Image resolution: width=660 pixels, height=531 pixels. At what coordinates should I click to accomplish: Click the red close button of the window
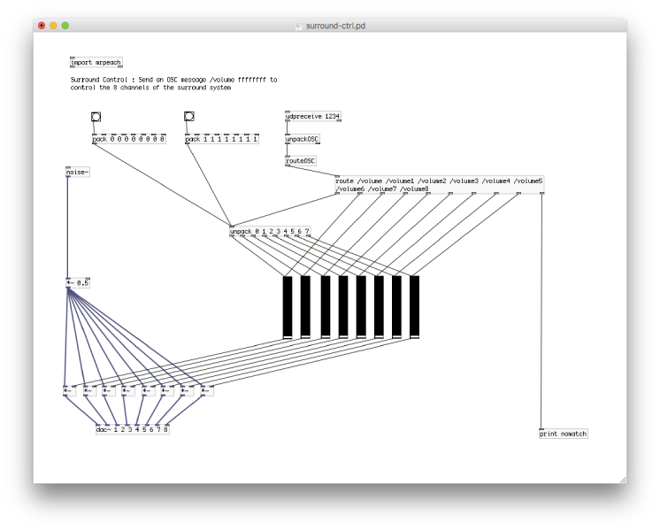(42, 26)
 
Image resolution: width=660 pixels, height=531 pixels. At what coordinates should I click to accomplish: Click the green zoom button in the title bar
(65, 26)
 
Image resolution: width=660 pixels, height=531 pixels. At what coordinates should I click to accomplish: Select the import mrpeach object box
(96, 63)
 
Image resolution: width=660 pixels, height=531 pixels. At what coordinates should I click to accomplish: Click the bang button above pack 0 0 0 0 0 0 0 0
(96, 117)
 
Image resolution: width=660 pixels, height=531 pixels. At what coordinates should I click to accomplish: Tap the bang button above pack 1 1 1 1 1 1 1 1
(188, 117)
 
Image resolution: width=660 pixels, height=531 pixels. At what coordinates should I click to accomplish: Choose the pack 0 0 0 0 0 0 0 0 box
(129, 139)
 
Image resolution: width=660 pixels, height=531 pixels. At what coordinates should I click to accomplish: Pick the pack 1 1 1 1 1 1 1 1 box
(222, 139)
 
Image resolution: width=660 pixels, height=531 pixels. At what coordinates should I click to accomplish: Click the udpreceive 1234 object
(313, 117)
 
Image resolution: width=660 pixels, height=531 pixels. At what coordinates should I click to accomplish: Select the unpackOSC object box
(303, 139)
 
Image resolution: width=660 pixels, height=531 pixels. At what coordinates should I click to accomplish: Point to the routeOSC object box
(301, 161)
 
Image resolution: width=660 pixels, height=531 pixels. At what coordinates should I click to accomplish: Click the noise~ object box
(78, 172)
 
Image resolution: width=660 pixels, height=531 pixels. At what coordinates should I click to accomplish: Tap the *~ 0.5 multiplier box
(78, 283)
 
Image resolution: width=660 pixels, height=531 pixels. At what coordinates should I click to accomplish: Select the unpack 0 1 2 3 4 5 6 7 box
(270, 232)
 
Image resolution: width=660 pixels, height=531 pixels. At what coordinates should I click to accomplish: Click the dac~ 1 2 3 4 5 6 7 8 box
(133, 429)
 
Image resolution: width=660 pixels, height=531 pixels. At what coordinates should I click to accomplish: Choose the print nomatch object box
(564, 434)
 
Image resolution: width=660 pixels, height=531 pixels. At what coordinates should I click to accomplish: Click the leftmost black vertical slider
(288, 306)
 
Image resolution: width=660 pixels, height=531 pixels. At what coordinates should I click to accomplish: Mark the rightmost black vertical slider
(414, 306)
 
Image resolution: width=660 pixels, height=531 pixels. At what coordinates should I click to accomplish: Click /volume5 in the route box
(527, 181)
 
